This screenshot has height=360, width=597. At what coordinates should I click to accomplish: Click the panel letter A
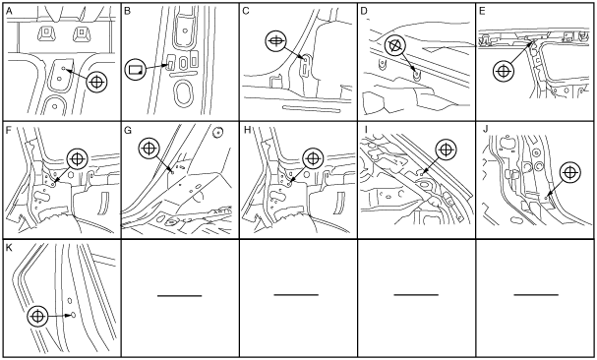10,12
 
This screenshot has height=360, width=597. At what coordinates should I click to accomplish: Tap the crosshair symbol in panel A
97,82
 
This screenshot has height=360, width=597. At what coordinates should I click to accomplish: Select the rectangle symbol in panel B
135,69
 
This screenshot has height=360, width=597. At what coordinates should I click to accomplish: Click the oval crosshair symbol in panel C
276,41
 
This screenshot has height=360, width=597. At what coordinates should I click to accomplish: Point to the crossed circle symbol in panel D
395,45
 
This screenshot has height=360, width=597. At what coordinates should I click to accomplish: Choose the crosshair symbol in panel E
504,71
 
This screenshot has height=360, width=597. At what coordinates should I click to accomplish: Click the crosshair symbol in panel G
149,148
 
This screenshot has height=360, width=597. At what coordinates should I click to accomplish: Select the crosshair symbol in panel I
446,150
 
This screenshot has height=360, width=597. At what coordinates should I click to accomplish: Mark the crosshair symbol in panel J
569,173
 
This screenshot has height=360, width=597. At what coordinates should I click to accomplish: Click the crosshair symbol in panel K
37,316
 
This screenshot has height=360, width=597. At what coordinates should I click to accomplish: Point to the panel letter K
10,248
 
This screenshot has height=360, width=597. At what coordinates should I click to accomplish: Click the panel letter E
482,12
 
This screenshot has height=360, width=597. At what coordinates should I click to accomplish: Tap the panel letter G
128,130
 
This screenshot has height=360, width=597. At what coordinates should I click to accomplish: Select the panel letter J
485,130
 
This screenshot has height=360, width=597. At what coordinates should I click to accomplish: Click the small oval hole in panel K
73,315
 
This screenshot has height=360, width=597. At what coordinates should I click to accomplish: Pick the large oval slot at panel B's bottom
184,92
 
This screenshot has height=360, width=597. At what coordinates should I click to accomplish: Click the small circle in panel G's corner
217,132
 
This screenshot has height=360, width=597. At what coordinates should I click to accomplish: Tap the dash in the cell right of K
180,295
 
